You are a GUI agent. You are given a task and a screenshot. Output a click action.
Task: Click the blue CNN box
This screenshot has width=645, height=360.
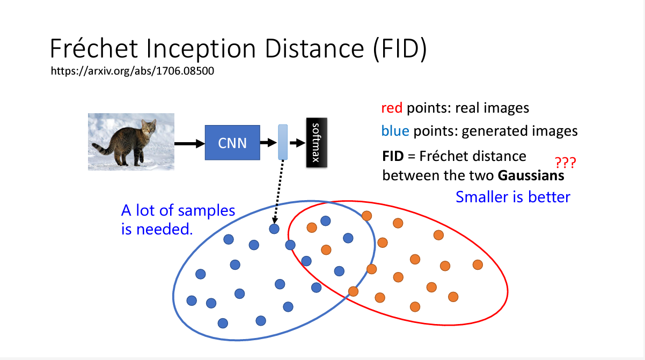232,143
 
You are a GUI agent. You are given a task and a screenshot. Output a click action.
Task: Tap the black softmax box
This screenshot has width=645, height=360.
317,142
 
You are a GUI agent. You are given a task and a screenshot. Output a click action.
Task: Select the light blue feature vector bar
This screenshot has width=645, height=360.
283,142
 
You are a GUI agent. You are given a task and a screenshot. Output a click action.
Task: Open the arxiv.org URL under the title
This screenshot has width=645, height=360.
132,71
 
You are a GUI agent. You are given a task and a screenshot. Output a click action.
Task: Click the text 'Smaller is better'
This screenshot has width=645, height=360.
512,197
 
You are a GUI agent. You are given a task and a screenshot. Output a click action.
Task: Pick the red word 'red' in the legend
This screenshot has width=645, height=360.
392,108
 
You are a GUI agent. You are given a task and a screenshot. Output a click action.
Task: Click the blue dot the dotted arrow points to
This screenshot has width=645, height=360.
274,229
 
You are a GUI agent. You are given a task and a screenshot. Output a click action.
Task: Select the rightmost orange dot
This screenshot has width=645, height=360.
478,265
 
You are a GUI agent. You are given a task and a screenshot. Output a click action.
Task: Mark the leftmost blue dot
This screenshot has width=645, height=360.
192,300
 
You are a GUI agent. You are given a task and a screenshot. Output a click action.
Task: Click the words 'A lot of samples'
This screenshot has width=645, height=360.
178,210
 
